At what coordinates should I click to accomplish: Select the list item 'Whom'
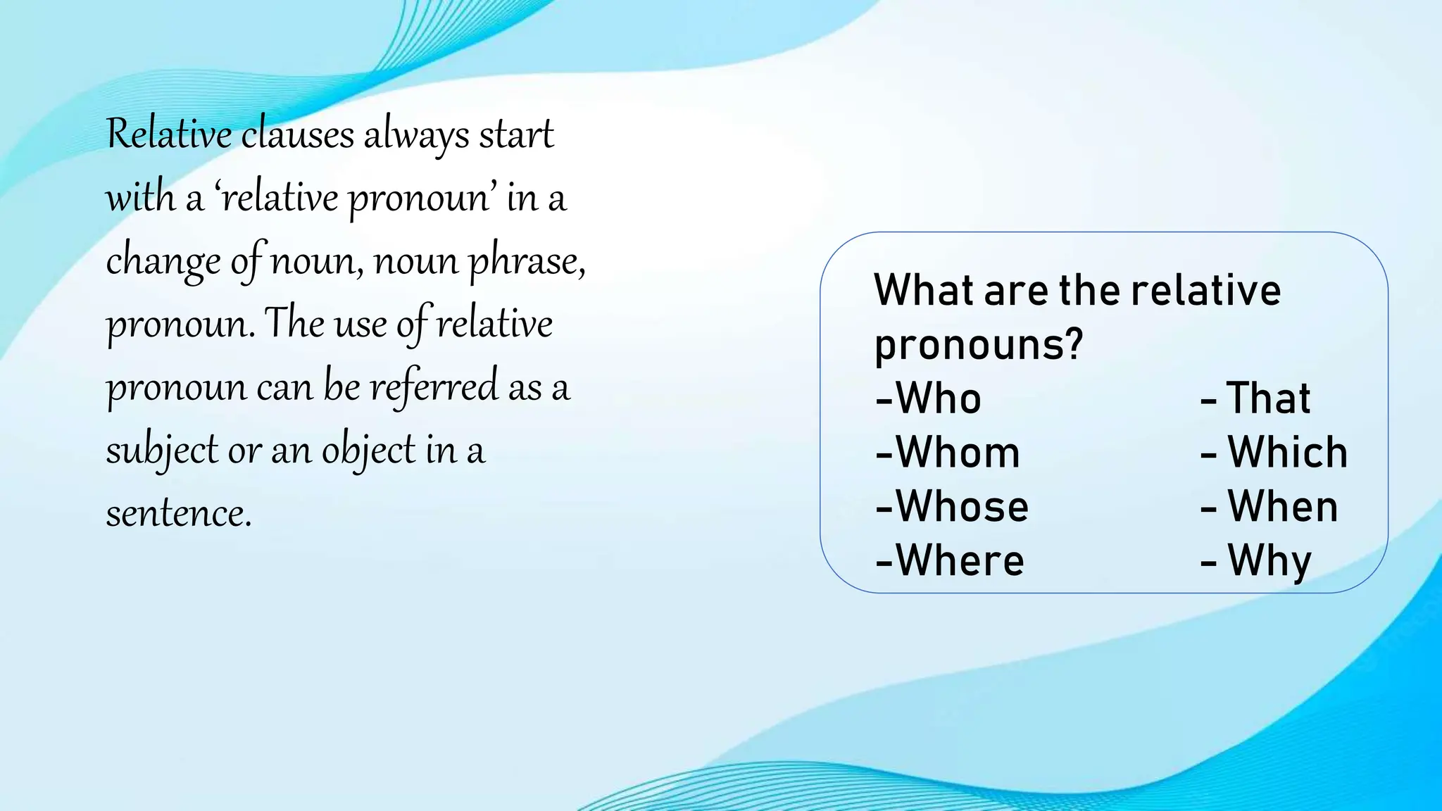click(958, 453)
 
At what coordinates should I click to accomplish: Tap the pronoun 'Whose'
click(962, 507)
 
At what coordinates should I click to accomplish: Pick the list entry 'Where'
click(960, 561)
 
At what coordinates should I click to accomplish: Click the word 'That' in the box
click(1268, 398)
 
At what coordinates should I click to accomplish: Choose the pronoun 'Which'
click(1287, 453)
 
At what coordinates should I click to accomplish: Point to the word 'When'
click(1282, 507)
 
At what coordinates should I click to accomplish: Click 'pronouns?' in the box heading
click(978, 345)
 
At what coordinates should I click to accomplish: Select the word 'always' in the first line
click(416, 135)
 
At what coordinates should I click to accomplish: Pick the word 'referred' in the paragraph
click(434, 387)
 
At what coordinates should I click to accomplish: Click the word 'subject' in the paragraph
click(162, 451)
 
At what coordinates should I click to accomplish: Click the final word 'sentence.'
click(179, 513)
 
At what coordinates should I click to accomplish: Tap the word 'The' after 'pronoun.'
click(294, 323)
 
